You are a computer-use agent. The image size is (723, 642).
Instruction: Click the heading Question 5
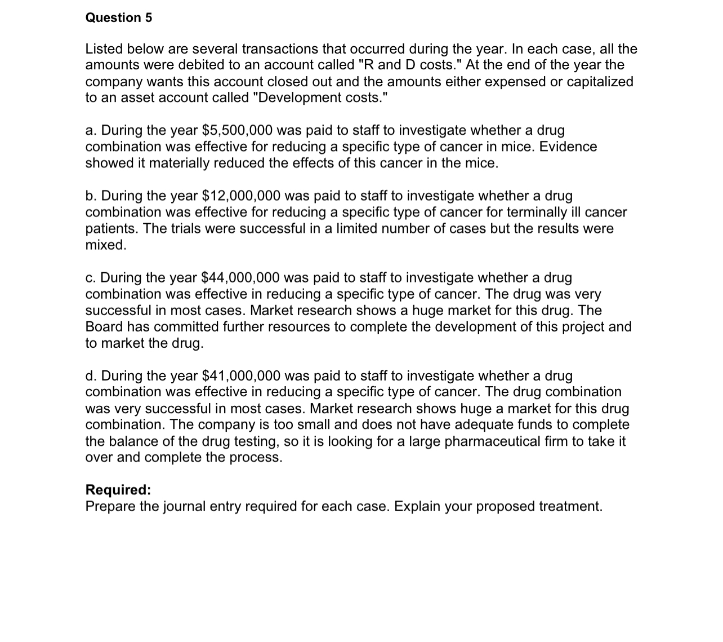(118, 17)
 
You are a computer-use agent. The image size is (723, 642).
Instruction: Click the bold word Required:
(118, 489)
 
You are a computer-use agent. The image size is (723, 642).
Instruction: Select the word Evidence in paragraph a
(569, 147)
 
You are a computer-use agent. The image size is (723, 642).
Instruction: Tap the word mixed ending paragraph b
(105, 245)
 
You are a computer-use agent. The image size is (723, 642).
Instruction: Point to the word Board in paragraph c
(104, 326)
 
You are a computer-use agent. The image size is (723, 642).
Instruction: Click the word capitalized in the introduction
(600, 81)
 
